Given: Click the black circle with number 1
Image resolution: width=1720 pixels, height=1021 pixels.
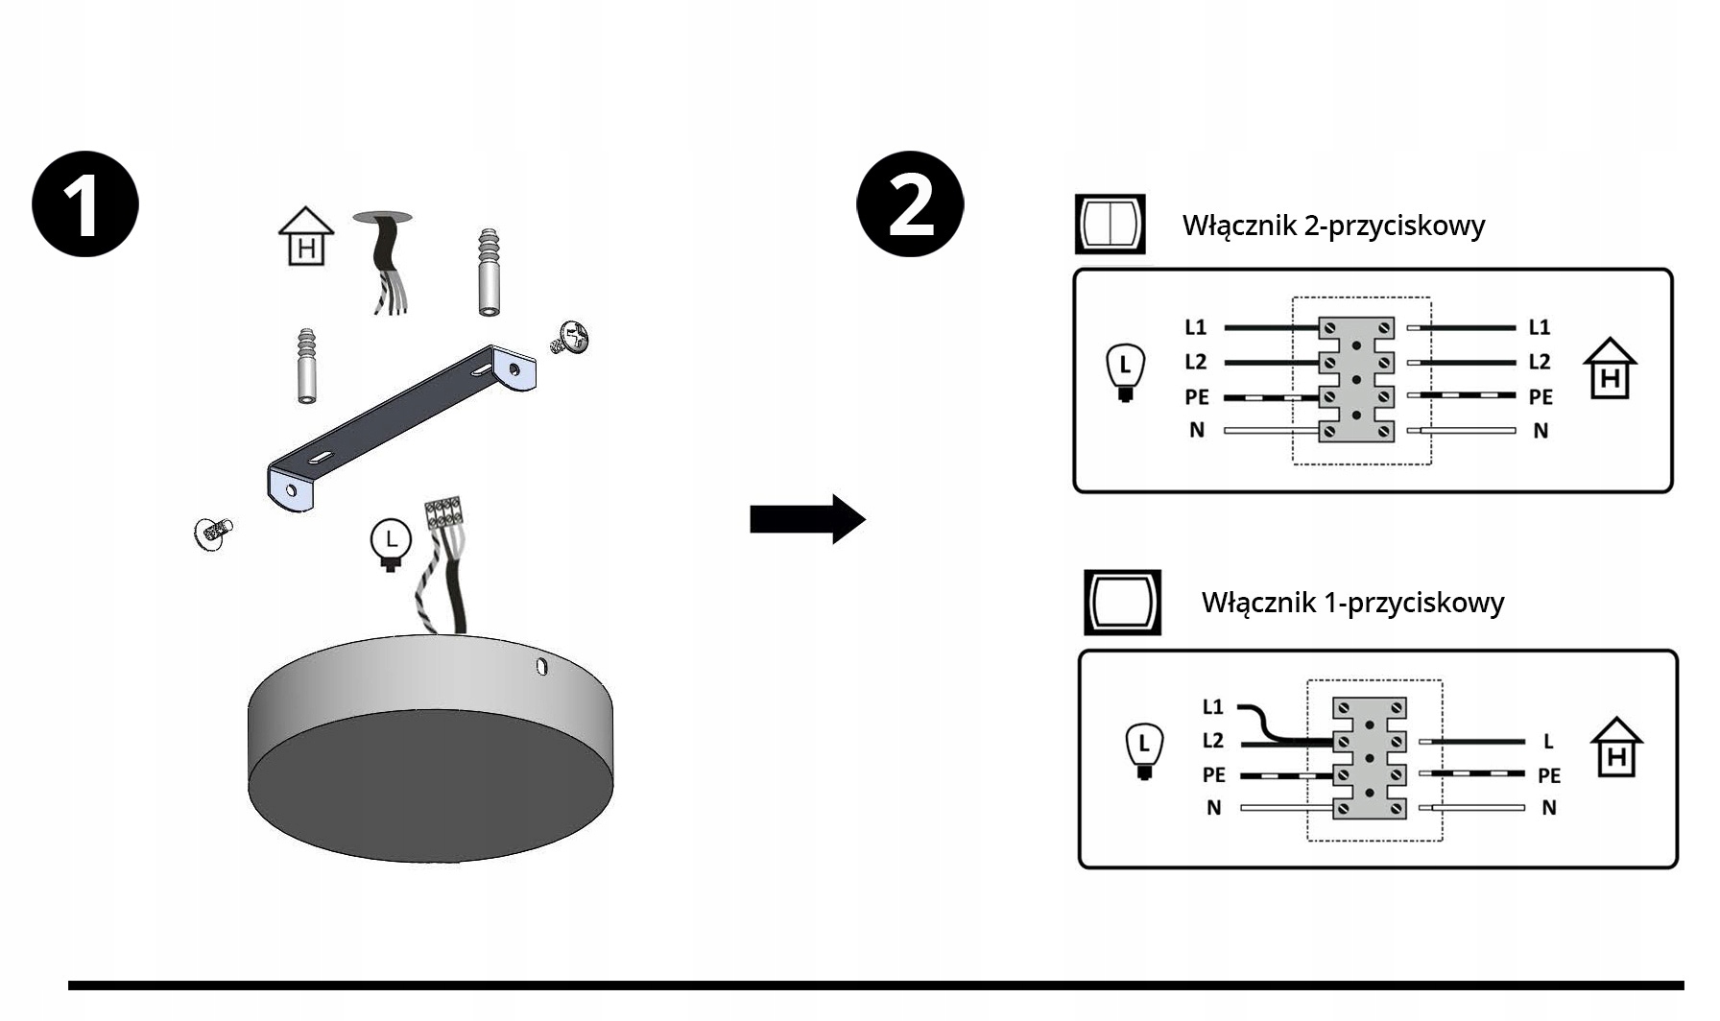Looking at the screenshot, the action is [x=85, y=203].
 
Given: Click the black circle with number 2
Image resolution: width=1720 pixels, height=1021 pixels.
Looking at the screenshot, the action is [x=910, y=203].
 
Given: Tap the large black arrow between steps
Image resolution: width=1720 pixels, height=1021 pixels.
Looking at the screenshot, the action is [x=807, y=519].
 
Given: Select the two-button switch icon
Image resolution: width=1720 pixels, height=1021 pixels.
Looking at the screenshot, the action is [x=1110, y=224].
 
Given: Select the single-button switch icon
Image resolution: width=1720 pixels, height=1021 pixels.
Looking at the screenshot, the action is [x=1122, y=602].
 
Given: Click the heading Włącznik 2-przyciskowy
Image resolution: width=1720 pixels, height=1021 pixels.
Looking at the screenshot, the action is [x=1333, y=226].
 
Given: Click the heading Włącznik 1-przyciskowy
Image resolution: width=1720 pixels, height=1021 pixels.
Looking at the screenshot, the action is [x=1352, y=603].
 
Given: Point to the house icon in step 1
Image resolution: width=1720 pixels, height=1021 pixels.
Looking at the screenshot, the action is [x=306, y=236].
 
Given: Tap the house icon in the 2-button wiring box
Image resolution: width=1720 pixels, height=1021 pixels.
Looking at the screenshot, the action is [x=1610, y=368].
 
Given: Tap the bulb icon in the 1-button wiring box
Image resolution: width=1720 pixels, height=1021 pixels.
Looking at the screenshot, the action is [x=1143, y=751].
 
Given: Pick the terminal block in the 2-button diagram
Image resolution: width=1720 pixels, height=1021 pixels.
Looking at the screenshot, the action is [x=1356, y=380].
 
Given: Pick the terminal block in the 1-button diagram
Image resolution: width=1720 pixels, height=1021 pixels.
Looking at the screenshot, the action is [x=1370, y=758].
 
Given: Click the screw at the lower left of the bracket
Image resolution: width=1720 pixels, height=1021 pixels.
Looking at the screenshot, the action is [x=212, y=533].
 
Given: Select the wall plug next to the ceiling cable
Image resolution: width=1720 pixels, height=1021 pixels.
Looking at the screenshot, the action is [x=489, y=273].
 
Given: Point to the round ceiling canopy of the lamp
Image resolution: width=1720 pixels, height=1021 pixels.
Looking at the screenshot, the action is [x=430, y=748].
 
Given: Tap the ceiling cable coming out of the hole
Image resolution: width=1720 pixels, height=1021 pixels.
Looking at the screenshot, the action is [x=388, y=264].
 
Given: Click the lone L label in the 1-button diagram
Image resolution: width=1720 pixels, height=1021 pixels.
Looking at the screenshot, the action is [x=1548, y=741].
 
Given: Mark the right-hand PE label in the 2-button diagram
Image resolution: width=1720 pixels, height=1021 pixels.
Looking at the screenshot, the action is [x=1541, y=396].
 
